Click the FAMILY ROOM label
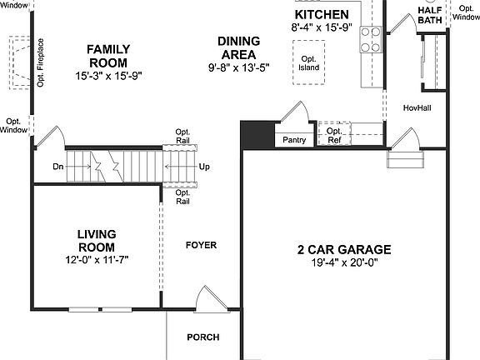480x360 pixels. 107,56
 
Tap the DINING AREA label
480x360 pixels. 238,47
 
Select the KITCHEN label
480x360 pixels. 322,15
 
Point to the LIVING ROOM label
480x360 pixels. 96,240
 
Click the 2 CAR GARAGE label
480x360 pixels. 344,249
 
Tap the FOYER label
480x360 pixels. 201,245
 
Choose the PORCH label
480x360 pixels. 203,337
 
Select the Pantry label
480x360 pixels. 294,140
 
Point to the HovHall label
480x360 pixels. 416,107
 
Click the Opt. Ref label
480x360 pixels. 333,136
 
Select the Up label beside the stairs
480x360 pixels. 204,167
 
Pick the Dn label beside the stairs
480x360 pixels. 57,167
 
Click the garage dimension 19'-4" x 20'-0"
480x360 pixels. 344,264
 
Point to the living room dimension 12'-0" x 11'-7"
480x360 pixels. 96,260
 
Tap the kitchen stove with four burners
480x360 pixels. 371,38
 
